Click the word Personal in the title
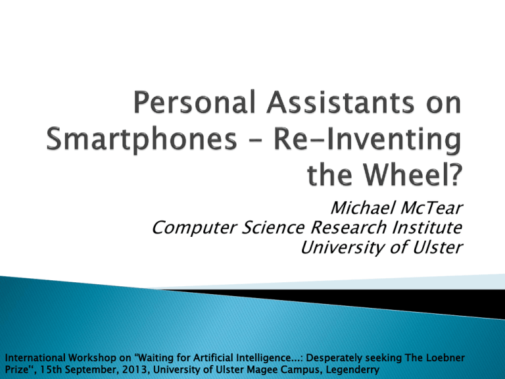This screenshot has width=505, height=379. click(195, 102)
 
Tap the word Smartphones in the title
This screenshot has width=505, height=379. click(142, 139)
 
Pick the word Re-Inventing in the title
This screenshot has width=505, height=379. click(367, 139)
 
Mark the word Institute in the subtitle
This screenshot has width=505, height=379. click(427, 227)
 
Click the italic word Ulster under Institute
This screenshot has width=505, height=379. click(437, 247)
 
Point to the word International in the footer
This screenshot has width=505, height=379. click(36, 358)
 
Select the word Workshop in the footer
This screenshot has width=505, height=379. click(92, 359)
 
